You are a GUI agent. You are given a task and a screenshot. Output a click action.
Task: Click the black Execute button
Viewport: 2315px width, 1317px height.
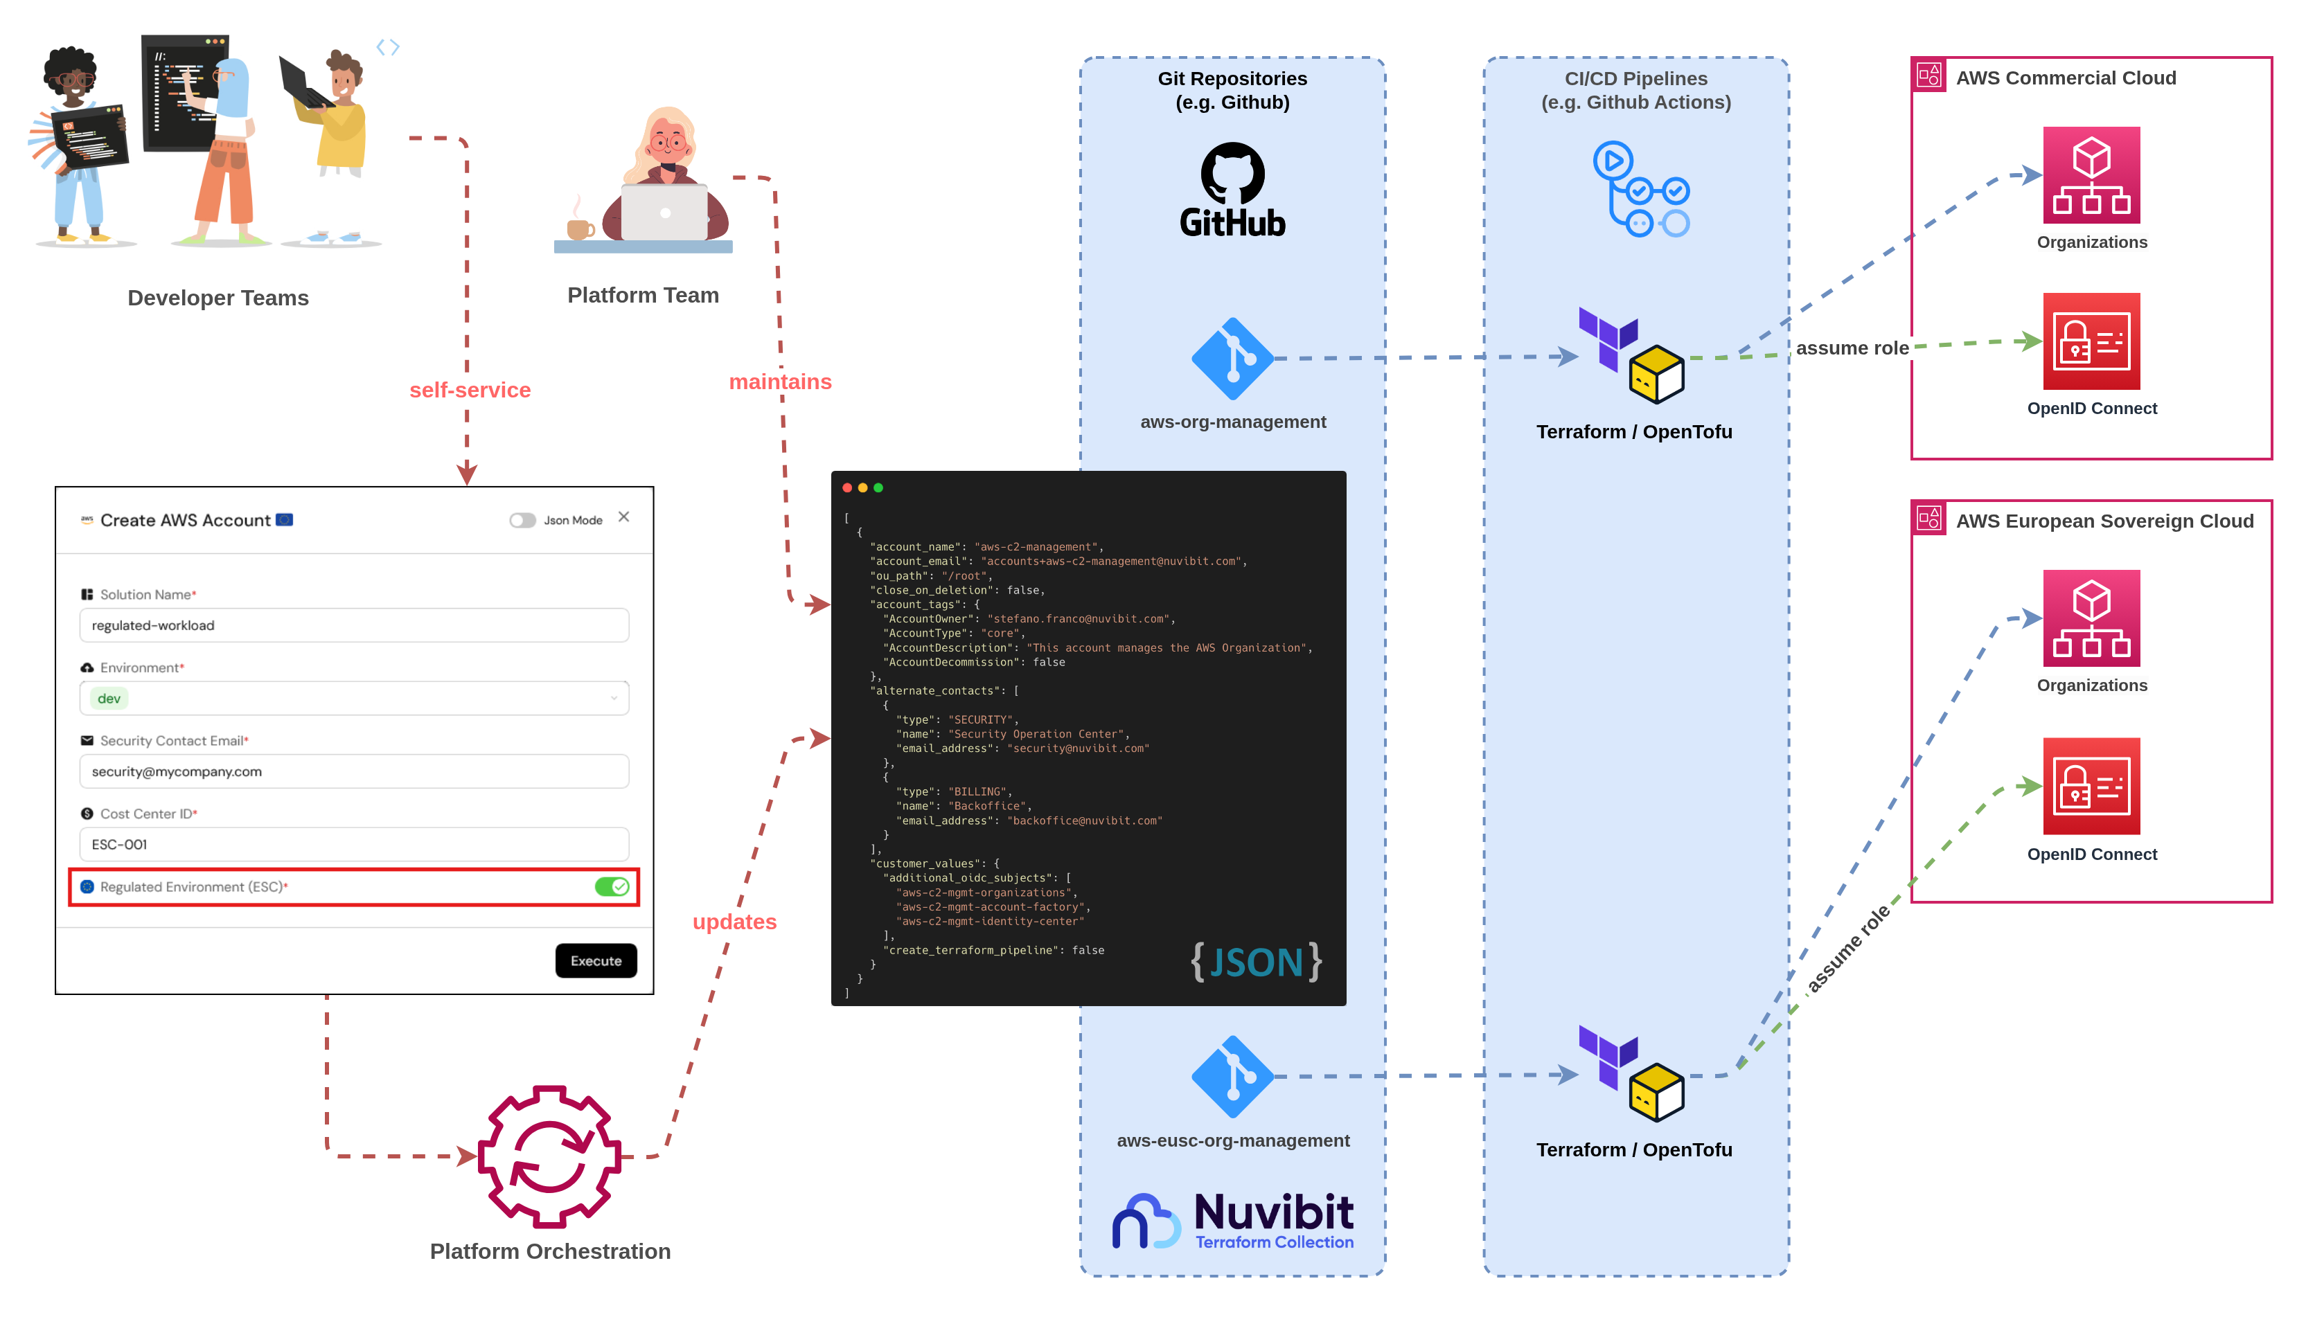pos(595,960)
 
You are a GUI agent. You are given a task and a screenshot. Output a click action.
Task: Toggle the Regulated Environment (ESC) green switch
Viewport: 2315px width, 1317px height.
pos(612,886)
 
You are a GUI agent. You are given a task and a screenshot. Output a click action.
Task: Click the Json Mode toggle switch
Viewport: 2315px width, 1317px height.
pos(522,520)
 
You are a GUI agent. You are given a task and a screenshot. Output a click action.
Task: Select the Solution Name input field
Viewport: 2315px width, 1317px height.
pos(354,625)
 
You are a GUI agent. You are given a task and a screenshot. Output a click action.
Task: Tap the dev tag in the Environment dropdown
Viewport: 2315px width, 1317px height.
pos(109,698)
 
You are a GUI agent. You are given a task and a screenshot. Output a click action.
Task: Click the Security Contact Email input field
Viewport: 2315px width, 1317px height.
pos(354,771)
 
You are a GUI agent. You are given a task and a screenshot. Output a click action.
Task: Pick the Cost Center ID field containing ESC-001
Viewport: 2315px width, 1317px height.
pos(354,844)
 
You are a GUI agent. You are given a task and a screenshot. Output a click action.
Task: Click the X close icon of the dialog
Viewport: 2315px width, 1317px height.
pos(623,517)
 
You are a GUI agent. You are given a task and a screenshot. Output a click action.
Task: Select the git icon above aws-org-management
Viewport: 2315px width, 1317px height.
pos(1232,358)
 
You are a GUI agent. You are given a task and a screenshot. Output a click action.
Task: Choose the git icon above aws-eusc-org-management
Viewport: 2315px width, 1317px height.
pos(1232,1077)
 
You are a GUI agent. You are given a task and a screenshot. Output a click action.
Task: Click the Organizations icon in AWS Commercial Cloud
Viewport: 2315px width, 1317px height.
pos(2091,174)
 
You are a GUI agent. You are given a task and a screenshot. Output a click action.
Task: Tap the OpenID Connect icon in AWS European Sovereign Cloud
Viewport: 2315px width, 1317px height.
pos(2091,786)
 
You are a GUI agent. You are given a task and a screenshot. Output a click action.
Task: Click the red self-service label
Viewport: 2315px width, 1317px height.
pos(470,390)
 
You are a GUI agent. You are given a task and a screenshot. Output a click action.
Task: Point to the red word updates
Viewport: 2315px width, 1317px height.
pos(734,922)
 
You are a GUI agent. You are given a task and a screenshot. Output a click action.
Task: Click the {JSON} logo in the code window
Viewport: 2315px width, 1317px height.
pos(1256,962)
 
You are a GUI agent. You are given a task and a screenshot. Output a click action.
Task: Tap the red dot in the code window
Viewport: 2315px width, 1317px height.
pos(846,487)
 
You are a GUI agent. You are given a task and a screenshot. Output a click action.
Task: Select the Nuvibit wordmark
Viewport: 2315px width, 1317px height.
pos(1274,1211)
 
